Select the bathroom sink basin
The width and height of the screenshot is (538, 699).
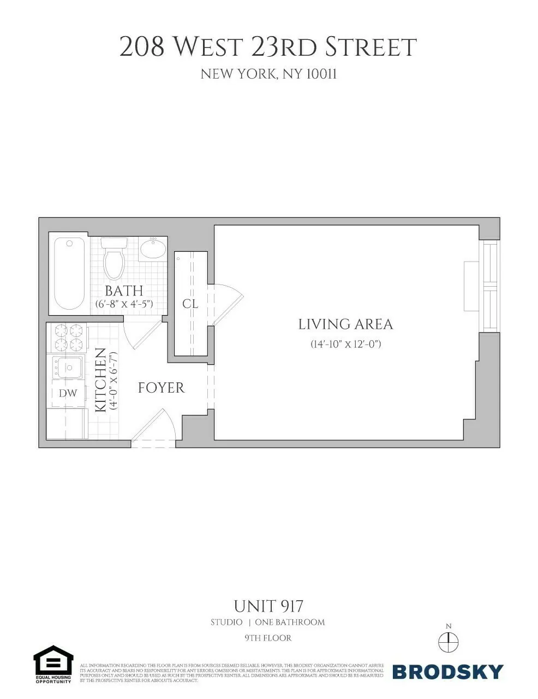coord(153,250)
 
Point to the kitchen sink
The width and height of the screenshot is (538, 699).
coord(67,367)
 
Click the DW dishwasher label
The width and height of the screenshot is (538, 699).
coord(68,393)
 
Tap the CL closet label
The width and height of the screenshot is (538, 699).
coord(190,304)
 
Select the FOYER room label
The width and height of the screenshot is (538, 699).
coord(161,388)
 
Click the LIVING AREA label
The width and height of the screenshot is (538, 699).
coord(345,324)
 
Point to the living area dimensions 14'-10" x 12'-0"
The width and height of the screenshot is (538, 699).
coord(345,344)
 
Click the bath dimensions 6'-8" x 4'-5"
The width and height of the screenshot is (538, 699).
coord(124,304)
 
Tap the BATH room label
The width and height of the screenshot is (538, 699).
coord(124,291)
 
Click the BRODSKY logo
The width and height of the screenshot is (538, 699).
coord(447,671)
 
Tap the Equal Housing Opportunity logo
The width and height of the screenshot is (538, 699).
coord(53,664)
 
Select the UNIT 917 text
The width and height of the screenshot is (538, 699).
coord(268,606)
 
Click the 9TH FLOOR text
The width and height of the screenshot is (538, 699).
coord(268,638)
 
